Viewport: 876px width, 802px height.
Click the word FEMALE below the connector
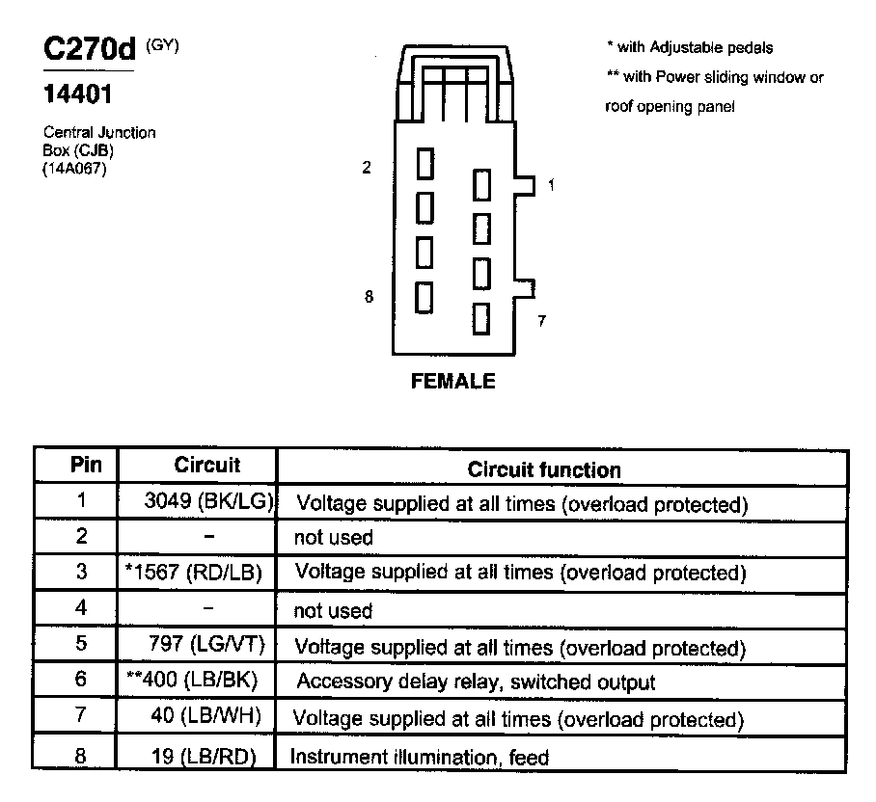click(453, 381)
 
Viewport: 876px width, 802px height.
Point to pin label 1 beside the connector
click(551, 185)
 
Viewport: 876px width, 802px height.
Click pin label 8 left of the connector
click(369, 297)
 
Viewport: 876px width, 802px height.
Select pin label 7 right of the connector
click(541, 321)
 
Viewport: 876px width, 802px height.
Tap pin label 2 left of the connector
click(367, 168)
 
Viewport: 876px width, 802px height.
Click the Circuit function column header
click(544, 469)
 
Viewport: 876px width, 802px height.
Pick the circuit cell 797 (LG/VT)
click(206, 644)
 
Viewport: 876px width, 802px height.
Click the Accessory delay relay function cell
click(476, 682)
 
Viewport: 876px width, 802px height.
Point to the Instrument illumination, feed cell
click(420, 757)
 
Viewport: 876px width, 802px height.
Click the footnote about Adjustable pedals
click(689, 47)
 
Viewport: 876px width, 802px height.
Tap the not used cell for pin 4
click(332, 610)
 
